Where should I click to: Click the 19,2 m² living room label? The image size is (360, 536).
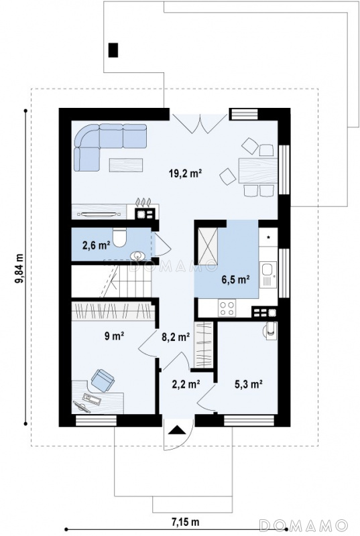185,174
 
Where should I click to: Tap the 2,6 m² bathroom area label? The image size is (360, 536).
96,245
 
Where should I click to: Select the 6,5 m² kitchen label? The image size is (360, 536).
235,279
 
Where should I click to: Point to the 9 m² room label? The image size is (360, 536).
114,336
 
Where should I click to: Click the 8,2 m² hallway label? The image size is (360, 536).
176,338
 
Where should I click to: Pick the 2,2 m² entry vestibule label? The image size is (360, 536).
186,384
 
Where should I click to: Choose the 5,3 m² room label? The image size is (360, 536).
248,384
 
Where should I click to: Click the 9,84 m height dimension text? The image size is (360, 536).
19,269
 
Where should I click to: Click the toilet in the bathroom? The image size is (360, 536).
119,237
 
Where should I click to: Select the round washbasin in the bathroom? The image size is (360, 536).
138,256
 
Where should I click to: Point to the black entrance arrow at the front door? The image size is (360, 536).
177,429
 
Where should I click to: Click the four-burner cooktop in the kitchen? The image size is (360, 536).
227,308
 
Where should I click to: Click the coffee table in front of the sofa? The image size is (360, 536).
126,165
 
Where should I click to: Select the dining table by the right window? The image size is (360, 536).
258,171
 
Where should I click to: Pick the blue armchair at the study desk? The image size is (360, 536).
103,380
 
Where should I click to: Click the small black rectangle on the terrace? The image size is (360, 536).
113,50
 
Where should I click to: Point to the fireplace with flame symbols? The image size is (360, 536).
147,208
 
